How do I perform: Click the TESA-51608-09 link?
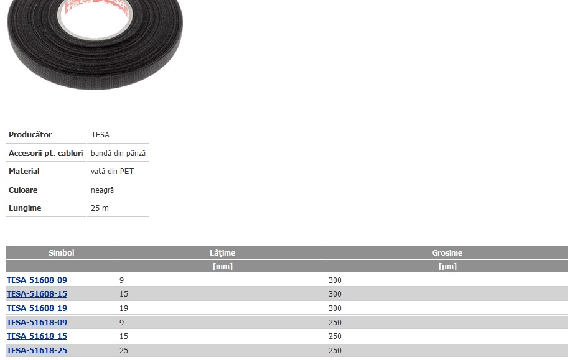pyautogui.click(x=37, y=280)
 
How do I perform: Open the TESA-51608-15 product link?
pyautogui.click(x=37, y=294)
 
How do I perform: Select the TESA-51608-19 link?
pyautogui.click(x=37, y=308)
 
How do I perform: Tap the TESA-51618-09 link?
pyautogui.click(x=37, y=322)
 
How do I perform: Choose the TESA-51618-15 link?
pyautogui.click(x=37, y=336)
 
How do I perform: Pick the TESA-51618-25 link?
pyautogui.click(x=37, y=350)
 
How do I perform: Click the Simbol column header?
pyautogui.click(x=62, y=253)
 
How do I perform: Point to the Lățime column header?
pyautogui.click(x=223, y=253)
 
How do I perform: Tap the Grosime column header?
pyautogui.click(x=447, y=253)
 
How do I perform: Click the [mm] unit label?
pyautogui.click(x=223, y=266)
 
